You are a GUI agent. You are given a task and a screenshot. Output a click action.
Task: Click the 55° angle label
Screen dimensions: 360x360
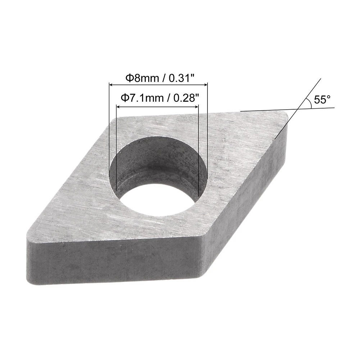[322, 100]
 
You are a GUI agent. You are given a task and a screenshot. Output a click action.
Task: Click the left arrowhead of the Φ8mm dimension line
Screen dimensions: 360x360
[111, 85]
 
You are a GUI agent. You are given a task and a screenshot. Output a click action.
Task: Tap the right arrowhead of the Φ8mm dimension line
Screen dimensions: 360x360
[205, 85]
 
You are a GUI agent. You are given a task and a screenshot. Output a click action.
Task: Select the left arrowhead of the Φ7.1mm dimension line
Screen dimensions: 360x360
[118, 106]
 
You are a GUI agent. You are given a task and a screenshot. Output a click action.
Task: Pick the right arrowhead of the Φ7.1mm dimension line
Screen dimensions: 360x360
[196, 106]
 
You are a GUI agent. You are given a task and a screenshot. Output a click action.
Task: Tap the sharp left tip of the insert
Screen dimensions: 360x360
[29, 237]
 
